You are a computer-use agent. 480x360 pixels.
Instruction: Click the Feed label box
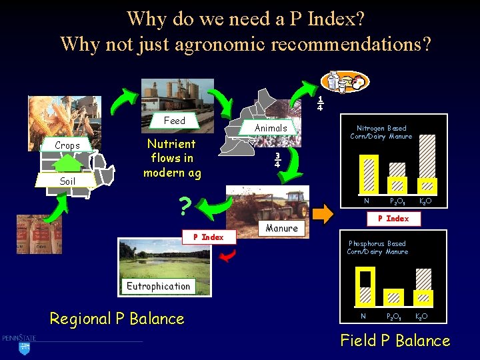coord(175,121)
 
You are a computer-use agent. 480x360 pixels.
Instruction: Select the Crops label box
coord(67,145)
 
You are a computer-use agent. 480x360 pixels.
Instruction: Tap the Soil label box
coord(67,181)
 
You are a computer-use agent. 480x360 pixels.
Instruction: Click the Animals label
coord(271,128)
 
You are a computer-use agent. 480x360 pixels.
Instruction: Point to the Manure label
coord(281,228)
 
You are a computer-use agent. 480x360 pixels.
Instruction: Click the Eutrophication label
coord(159,286)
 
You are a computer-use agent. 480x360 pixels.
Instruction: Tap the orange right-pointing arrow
coord(323,215)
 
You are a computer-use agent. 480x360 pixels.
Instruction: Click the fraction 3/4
coord(277,160)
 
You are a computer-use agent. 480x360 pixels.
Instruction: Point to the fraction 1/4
coord(321,103)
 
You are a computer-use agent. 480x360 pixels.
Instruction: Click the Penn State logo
coord(19,339)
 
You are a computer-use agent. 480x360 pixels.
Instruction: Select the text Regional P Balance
coord(117,319)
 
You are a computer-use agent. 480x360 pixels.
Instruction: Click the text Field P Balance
coord(395,341)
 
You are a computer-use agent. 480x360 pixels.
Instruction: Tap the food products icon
coord(344,81)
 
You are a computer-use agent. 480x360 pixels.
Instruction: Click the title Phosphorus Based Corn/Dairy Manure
coord(377,247)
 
